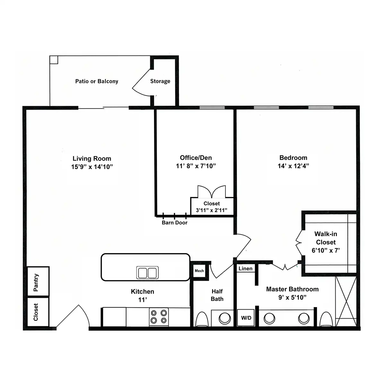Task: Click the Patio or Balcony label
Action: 97,81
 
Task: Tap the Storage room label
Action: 160,81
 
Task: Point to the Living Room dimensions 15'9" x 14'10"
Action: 92,167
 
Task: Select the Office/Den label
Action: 196,158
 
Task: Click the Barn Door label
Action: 175,223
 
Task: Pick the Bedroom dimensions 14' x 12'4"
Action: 293,166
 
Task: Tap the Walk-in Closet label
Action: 326,238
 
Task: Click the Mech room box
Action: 199,271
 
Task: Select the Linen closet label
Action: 245,269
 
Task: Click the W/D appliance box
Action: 246,318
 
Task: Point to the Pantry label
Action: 36,283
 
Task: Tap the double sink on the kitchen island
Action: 148,272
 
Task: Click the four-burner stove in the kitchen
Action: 159,317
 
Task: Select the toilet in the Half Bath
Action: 202,319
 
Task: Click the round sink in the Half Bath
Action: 225,318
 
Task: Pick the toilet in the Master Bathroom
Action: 326,319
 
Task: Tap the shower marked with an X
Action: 346,301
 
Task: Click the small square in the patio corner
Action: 54,60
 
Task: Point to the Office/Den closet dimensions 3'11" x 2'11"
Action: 211,210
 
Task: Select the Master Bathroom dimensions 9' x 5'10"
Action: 292,297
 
